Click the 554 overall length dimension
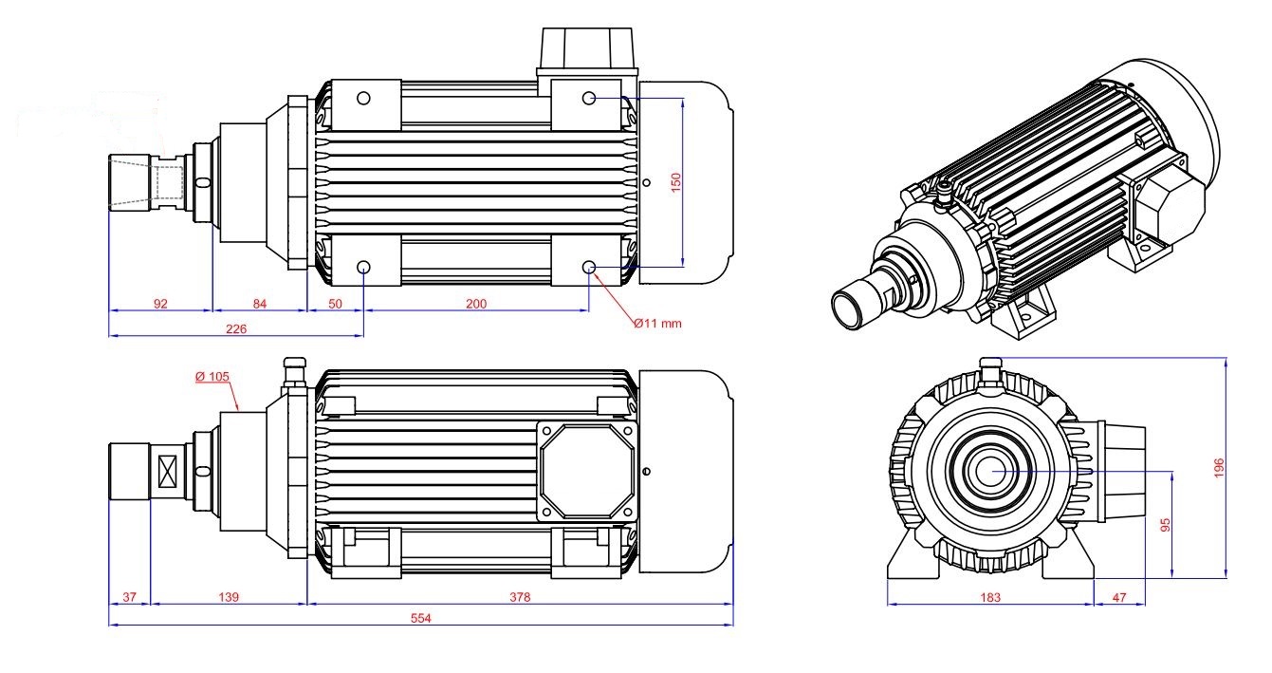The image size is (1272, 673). point(420,618)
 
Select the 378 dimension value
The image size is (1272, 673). point(520,597)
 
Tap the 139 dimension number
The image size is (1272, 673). point(228,597)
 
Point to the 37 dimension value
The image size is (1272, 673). point(130,597)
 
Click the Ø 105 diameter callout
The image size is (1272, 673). point(212,376)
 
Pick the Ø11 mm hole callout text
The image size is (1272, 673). point(657,324)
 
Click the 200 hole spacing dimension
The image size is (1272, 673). point(476,304)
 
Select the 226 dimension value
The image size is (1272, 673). point(236,328)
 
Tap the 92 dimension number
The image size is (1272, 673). point(160,304)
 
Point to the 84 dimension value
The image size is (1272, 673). point(259,304)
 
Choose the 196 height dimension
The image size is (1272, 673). point(1220,467)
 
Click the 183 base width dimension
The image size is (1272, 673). point(989,597)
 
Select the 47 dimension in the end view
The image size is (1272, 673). point(1118,597)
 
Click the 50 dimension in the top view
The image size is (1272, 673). point(336,304)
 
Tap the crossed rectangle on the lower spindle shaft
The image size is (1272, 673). point(170,471)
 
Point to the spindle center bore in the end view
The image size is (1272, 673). point(992,470)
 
